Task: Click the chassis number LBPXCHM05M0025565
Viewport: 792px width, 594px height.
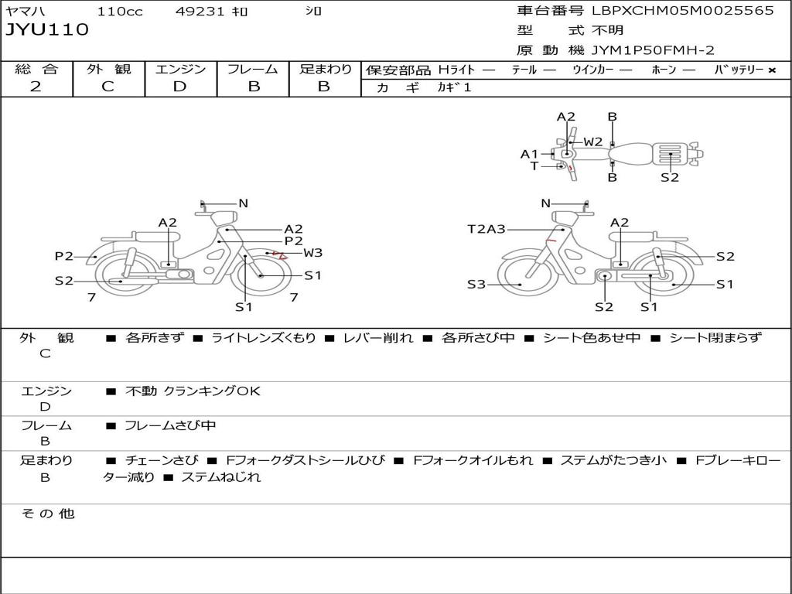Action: tap(683, 11)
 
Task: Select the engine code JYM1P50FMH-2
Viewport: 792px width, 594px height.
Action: tap(653, 50)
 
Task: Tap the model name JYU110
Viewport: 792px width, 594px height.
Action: tap(47, 30)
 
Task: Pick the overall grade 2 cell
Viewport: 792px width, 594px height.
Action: tap(36, 87)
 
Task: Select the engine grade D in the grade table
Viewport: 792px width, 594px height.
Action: tap(179, 87)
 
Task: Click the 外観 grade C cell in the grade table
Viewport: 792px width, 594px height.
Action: tap(108, 87)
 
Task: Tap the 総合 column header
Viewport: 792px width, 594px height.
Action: tap(36, 69)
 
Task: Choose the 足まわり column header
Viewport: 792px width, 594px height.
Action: tap(325, 69)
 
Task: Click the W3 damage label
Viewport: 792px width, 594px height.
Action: tap(312, 252)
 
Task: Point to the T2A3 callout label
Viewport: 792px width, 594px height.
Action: tap(486, 229)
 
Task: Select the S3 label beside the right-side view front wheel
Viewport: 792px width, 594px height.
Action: tap(476, 285)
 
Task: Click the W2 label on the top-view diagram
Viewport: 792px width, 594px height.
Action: tap(593, 142)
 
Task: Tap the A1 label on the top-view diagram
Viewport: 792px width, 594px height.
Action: tap(529, 154)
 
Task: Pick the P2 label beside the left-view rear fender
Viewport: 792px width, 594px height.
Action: tap(63, 256)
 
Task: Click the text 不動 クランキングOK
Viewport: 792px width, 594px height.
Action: tap(193, 391)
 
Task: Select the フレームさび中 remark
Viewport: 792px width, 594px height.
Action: tap(170, 425)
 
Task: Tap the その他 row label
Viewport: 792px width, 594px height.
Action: tap(47, 514)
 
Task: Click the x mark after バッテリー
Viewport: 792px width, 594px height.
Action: tap(772, 70)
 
